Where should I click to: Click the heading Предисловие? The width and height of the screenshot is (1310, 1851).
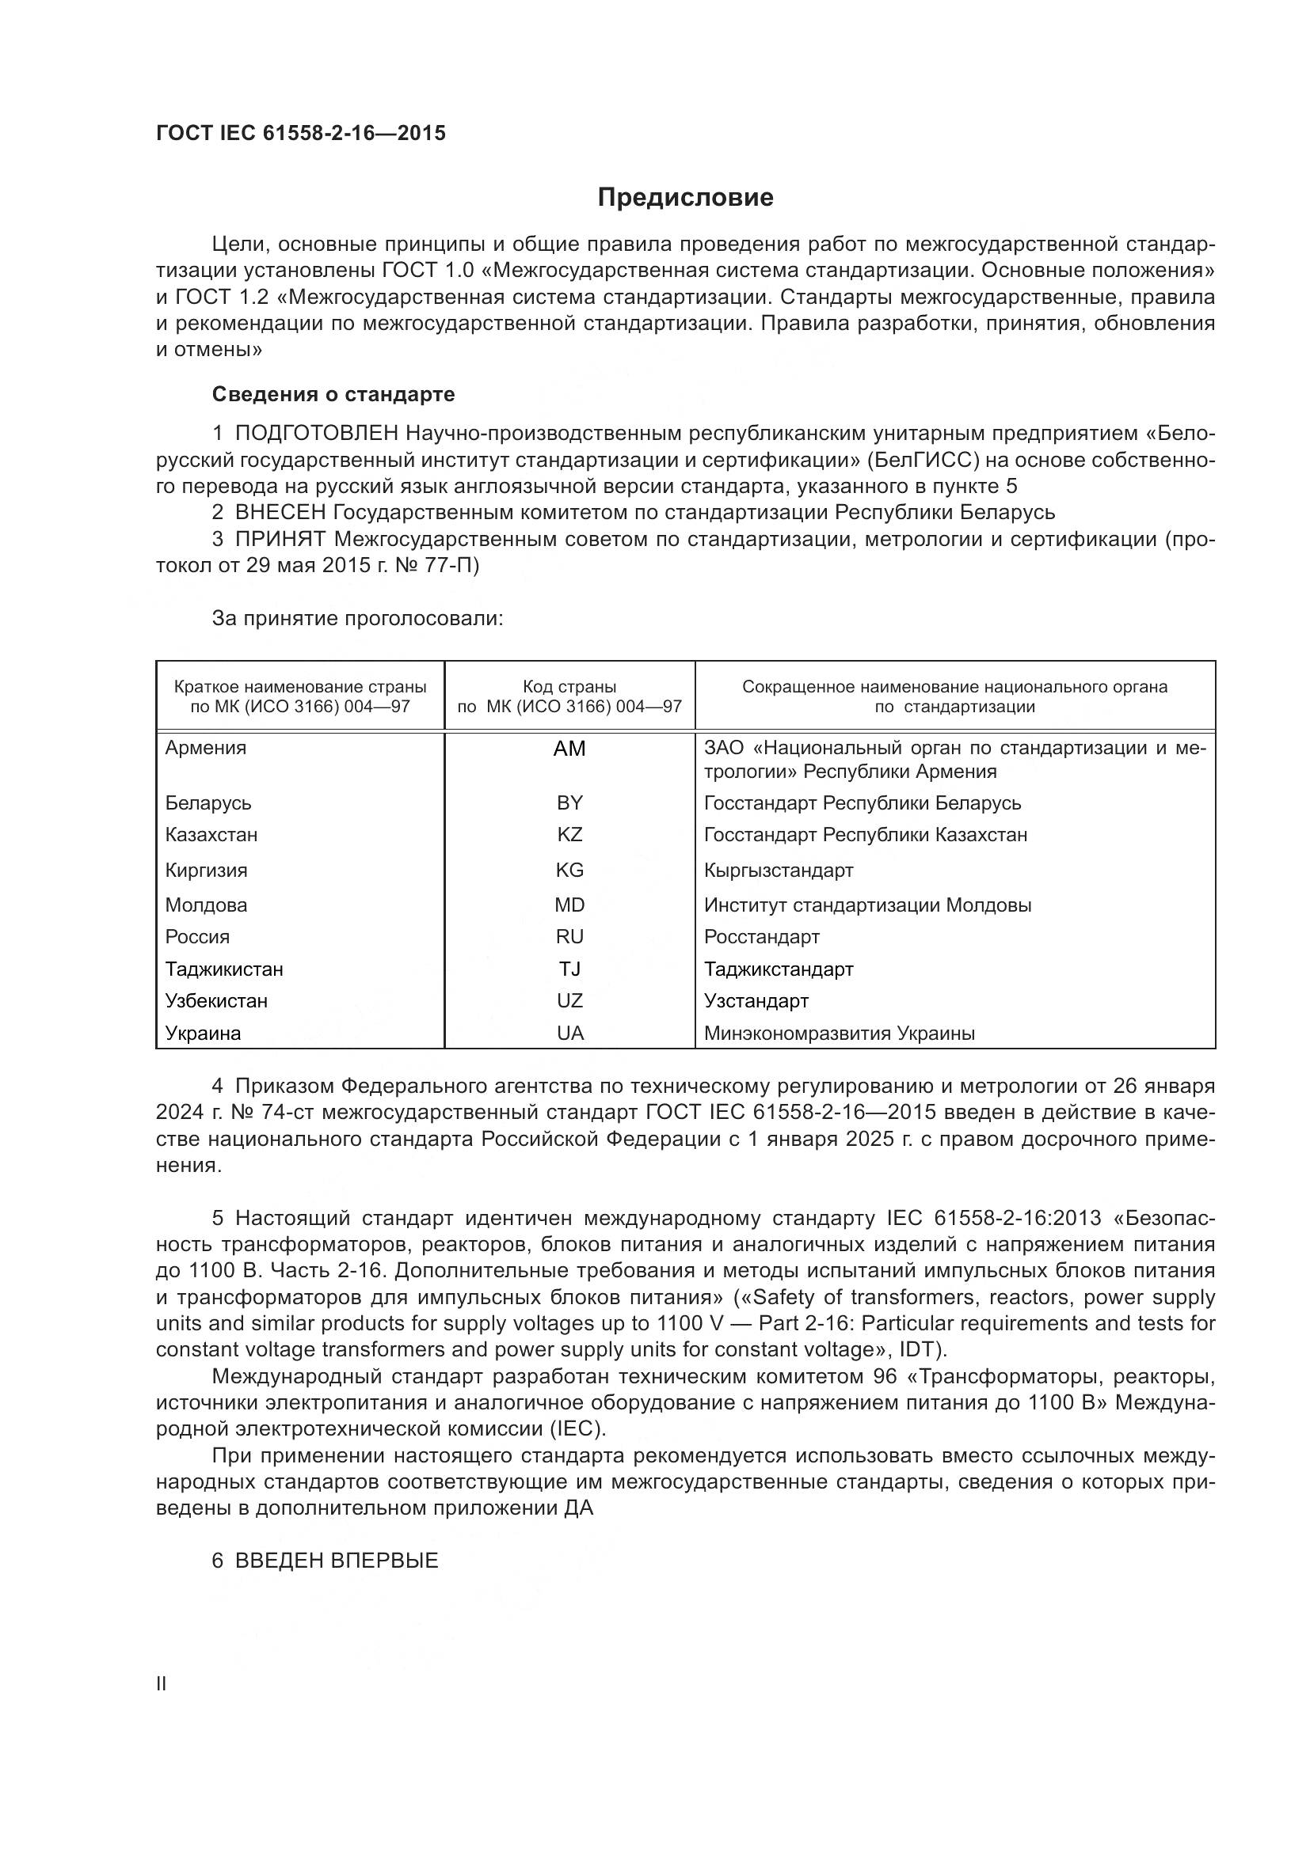coord(685,198)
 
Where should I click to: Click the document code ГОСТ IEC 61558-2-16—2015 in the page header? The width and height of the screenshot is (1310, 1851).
coord(300,134)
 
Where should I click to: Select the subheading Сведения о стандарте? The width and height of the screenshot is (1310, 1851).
coord(333,394)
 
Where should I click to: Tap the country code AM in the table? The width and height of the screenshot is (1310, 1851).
coord(569,749)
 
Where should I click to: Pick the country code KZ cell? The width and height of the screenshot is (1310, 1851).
coord(569,834)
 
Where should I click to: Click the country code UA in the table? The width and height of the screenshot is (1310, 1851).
coord(569,1034)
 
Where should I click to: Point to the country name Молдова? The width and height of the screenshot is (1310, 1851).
coord(206,905)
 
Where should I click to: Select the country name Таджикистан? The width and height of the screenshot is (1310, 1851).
coord(224,969)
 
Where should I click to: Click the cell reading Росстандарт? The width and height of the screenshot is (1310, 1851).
coord(761,937)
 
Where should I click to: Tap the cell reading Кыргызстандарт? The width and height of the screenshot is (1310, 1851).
coord(779,871)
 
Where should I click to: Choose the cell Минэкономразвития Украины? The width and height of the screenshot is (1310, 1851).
coord(839,1034)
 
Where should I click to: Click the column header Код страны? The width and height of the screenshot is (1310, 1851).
coord(569,687)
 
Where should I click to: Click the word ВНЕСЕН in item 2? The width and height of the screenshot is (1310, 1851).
coord(280,513)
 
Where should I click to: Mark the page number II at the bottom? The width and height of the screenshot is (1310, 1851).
coord(162,1683)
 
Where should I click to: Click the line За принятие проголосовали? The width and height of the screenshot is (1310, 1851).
coord(357,619)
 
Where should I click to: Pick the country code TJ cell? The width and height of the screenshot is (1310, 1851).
coord(569,969)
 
